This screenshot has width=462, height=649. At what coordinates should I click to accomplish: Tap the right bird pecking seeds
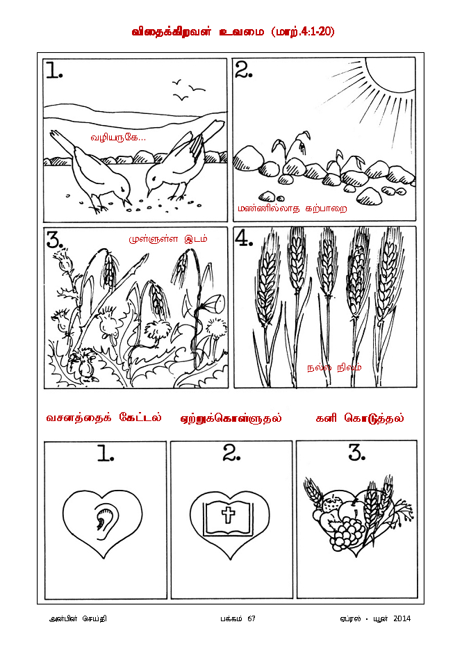click(x=182, y=159)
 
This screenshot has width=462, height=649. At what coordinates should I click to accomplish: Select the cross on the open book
click(x=228, y=516)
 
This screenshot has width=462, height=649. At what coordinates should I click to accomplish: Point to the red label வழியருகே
click(x=118, y=138)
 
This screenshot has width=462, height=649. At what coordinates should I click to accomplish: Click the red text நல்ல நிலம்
click(x=334, y=368)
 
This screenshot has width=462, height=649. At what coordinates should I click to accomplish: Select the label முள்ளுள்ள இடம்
click(x=167, y=239)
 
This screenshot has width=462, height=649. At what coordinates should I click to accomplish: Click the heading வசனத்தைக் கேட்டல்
click(x=104, y=418)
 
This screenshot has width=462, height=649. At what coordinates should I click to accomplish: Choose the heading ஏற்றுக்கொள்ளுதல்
click(x=231, y=418)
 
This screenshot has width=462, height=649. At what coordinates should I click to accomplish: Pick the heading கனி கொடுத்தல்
click(x=360, y=418)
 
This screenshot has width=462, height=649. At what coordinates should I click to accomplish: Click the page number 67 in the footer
click(x=251, y=618)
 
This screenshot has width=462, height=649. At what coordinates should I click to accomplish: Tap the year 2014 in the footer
click(x=402, y=618)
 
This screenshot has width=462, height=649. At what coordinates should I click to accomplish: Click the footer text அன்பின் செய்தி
click(x=78, y=618)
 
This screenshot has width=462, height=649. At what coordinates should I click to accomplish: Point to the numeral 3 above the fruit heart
click(x=356, y=453)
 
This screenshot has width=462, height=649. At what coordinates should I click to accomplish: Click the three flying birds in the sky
click(x=188, y=90)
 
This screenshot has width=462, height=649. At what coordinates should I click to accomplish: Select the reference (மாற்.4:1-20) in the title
click(x=303, y=32)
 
